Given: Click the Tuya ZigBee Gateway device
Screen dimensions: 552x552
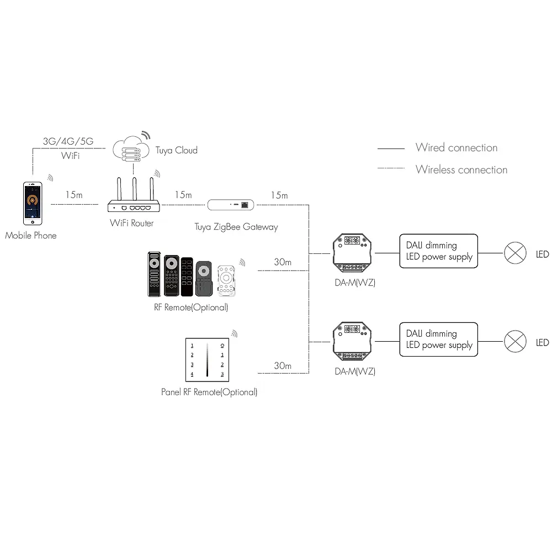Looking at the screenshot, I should [x=232, y=205].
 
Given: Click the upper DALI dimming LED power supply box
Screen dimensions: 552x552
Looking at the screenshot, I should [x=439, y=251].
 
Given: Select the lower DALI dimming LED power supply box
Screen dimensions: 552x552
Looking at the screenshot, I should [x=439, y=339].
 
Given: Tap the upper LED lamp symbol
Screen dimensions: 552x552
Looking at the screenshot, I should [x=514, y=254].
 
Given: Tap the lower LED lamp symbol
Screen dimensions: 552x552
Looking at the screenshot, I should [x=514, y=342].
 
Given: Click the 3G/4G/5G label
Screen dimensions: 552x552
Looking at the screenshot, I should [x=68, y=142].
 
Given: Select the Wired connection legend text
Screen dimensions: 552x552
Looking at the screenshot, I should [x=457, y=148].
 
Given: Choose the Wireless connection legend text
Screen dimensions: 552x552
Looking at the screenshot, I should [x=461, y=170].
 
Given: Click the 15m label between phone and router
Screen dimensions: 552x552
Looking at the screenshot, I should [x=73, y=195].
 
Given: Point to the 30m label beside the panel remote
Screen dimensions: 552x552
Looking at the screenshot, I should [x=283, y=366].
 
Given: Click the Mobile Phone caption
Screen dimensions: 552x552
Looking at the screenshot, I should [x=31, y=236].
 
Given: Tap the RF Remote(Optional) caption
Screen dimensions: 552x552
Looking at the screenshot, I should [x=191, y=307].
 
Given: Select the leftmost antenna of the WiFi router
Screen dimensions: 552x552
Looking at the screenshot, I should [x=118, y=189].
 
